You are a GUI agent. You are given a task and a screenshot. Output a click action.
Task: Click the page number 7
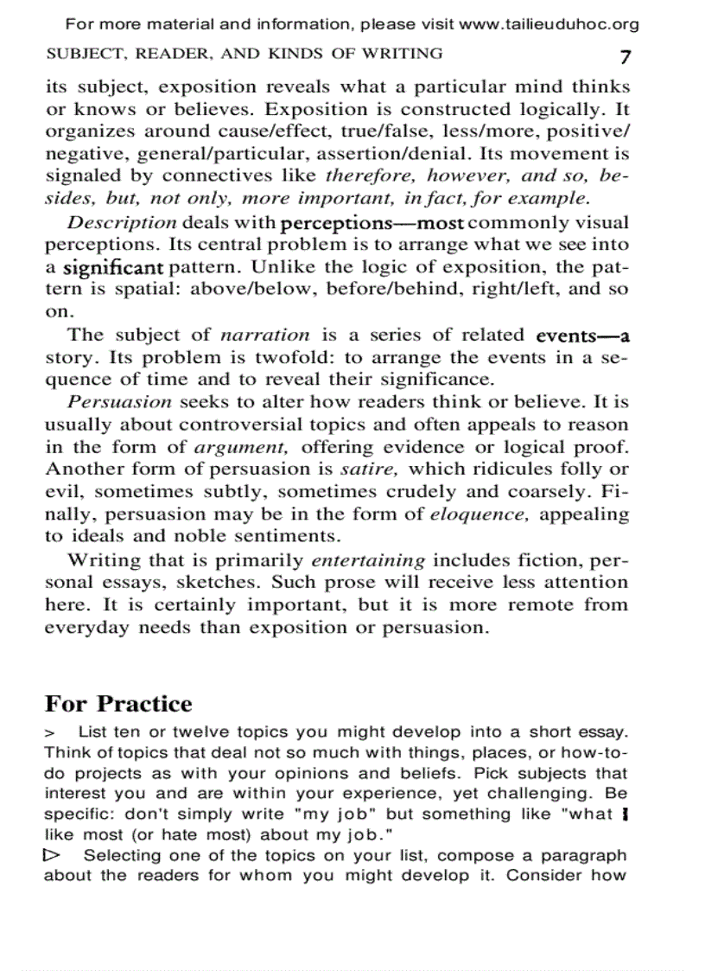click(625, 58)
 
